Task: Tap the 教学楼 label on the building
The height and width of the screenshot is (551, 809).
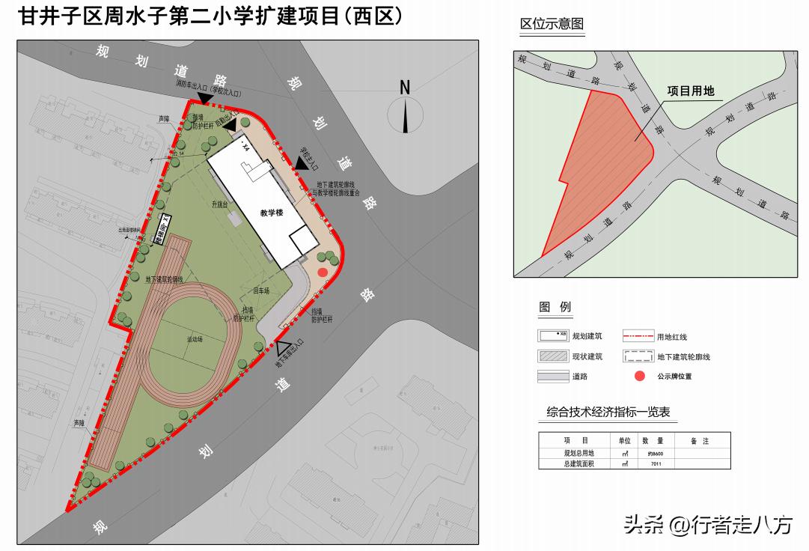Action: coord(271,213)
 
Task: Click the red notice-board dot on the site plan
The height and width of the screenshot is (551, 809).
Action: coord(323,272)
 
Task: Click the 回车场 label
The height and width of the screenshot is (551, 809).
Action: coord(260,290)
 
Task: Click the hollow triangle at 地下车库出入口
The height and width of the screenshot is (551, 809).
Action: coord(284,348)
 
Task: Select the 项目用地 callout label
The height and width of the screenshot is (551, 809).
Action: coord(690,91)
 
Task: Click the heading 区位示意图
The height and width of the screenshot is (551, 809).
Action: coord(552,24)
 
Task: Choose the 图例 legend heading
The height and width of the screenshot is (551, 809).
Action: coord(555,307)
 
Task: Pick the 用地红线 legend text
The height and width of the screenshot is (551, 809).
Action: coord(671,337)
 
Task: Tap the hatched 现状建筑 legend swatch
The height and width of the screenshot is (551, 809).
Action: coord(552,356)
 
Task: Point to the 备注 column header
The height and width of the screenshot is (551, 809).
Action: coord(699,441)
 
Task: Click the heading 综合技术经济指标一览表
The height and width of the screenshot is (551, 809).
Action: coord(608,413)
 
